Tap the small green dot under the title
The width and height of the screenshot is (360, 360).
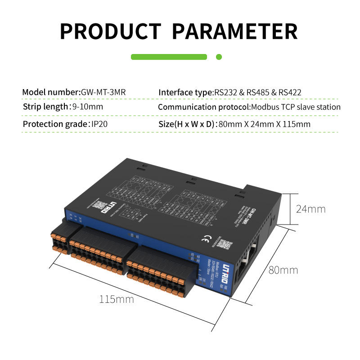coord(219,57)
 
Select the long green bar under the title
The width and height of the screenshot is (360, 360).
coord(169,57)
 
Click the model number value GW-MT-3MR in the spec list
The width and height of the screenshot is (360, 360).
coord(103,92)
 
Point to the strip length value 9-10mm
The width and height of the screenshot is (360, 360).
coord(88,107)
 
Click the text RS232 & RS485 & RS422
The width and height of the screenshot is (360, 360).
coord(257,92)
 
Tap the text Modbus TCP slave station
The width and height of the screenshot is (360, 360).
coord(296,107)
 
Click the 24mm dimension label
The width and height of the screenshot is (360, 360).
coord(310,209)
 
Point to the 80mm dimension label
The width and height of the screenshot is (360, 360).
coord(283,270)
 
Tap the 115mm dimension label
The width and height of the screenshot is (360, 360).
coord(117,299)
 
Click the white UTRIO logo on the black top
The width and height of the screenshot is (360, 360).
coord(112,207)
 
